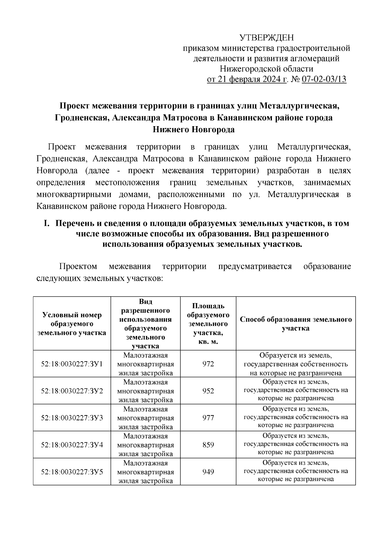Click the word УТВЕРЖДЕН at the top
tap(267, 38)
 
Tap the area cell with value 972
tap(208, 364)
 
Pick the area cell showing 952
tap(208, 391)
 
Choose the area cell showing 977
tap(208, 418)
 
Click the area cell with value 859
tap(208, 445)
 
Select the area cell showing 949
tap(208, 472)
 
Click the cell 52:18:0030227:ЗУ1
tap(72, 364)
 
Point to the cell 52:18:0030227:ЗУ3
tap(72, 418)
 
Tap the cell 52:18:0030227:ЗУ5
tap(72, 472)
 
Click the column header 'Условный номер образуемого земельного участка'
tap(72, 324)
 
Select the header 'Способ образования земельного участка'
tap(296, 324)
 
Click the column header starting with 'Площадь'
tap(208, 324)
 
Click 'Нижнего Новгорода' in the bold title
tap(193, 129)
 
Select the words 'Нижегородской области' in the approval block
tap(267, 69)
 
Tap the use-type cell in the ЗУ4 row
tap(146, 445)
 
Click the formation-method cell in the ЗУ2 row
tap(296, 391)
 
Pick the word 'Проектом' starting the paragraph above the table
tap(78, 266)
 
